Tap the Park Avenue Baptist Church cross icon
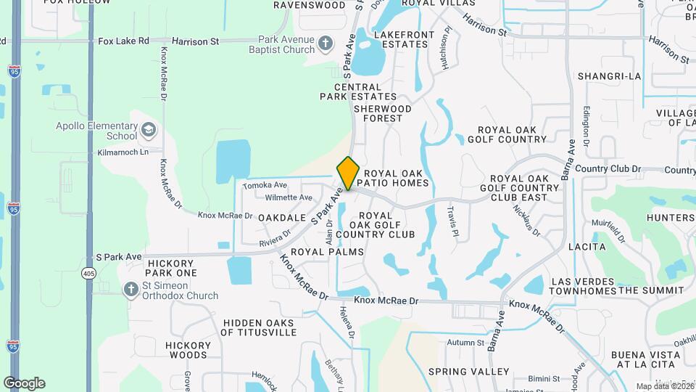point(326,43)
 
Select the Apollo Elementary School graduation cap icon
point(149,130)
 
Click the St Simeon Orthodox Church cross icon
point(131,290)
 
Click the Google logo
point(24,383)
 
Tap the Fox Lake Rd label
point(123,42)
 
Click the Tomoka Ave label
point(265,186)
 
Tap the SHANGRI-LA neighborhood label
point(610,76)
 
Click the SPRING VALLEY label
point(468,372)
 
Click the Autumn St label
point(465,343)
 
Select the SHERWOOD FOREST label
point(383,113)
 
